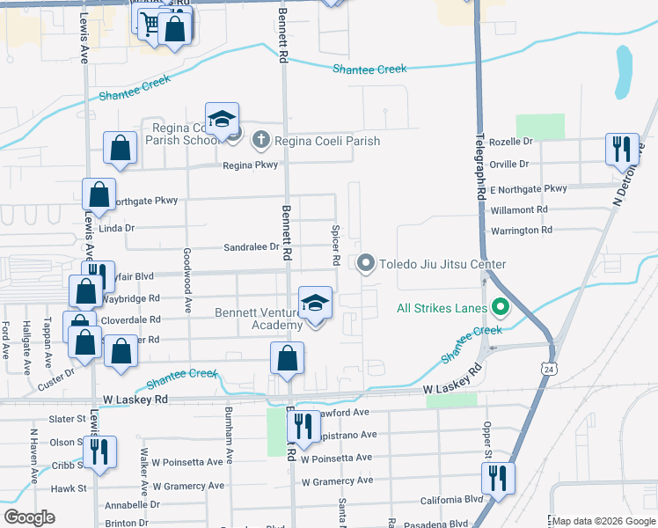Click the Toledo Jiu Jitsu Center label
click(442, 264)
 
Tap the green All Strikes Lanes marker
click(501, 308)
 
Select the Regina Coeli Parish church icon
click(260, 140)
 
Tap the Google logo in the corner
click(29, 517)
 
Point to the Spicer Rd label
click(335, 246)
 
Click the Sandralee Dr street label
click(251, 247)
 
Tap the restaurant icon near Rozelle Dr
click(622, 149)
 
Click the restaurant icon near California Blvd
click(498, 480)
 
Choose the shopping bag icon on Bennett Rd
click(287, 359)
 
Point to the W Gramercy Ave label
click(337, 481)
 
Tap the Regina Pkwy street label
click(250, 165)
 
